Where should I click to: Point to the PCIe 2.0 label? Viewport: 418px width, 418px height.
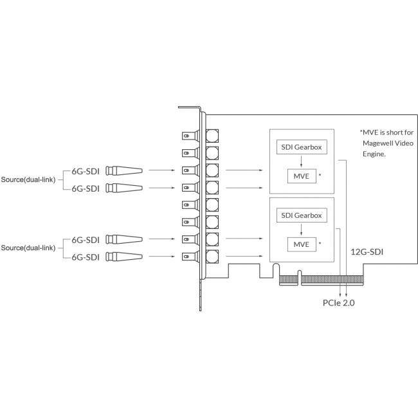point(340,301)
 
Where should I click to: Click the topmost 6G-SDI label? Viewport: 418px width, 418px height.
point(86,170)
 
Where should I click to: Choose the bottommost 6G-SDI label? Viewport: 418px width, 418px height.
point(86,257)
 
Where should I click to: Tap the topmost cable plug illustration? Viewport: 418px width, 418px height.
point(123,170)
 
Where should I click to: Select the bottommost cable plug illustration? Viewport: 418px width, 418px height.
point(123,257)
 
